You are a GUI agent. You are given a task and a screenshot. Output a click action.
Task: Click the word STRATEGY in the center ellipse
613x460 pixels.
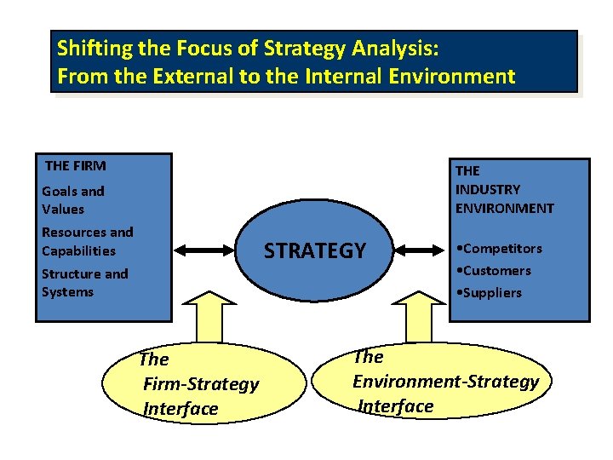click(x=314, y=250)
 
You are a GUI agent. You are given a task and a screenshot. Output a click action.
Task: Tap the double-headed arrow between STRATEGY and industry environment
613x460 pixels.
click(x=416, y=250)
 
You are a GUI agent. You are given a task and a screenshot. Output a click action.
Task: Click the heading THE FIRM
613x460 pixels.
click(x=75, y=165)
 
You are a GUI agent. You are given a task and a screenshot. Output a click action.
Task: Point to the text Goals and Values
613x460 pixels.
click(x=72, y=200)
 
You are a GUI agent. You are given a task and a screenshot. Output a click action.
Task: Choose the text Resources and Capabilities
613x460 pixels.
click(x=87, y=241)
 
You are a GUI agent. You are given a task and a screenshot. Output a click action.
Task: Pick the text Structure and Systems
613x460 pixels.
click(x=84, y=283)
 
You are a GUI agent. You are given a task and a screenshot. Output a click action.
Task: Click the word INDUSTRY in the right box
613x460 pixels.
click(x=487, y=189)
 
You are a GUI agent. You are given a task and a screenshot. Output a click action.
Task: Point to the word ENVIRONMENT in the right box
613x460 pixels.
click(x=504, y=208)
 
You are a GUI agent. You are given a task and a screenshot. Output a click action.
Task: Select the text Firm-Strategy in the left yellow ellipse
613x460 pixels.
click(x=201, y=384)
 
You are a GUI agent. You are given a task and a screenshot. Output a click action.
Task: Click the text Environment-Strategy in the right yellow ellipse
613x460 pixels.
click(x=445, y=381)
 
